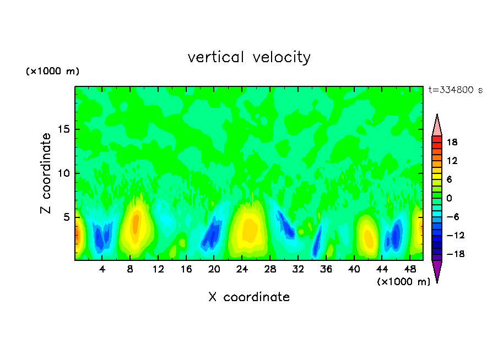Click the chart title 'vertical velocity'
point(249,57)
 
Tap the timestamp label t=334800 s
point(455,90)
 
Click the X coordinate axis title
point(249,297)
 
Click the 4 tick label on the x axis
point(102,269)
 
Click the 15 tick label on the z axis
point(63,129)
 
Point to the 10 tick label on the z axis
point(63,173)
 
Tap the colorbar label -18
point(452,254)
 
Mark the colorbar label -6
point(452,217)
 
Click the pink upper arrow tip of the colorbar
point(437,126)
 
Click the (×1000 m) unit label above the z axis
point(52,72)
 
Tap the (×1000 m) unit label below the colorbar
point(403,282)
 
